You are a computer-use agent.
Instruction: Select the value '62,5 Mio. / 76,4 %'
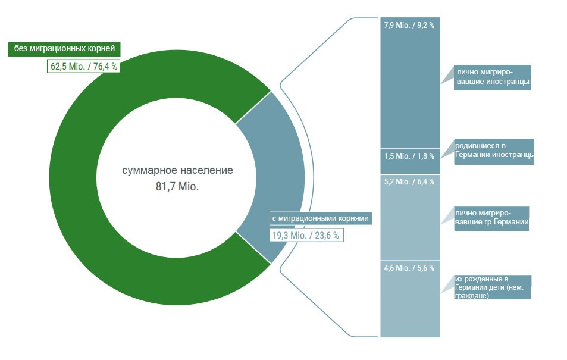pyautogui.click(x=83, y=67)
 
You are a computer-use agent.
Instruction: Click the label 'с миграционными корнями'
pyautogui.click(x=321, y=218)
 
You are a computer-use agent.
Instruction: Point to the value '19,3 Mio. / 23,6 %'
pyautogui.click(x=306, y=236)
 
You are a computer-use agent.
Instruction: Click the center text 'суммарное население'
pyautogui.click(x=177, y=170)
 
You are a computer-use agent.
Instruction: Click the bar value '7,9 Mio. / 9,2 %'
pyautogui.click(x=410, y=26)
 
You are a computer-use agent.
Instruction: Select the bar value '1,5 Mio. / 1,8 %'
pyautogui.click(x=409, y=156)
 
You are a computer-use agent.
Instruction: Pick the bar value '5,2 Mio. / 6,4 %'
pyautogui.click(x=409, y=181)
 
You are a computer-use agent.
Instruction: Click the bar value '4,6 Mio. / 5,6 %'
pyautogui.click(x=409, y=268)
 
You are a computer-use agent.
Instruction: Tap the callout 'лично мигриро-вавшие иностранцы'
pyautogui.click(x=492, y=77)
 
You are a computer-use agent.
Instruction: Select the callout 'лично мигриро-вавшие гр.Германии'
pyautogui.click(x=491, y=218)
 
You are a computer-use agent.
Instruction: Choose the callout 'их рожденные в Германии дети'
pyautogui.click(x=492, y=287)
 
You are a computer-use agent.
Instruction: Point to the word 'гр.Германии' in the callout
pyautogui.click(x=507, y=223)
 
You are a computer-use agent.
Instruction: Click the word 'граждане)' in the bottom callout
pyautogui.click(x=472, y=296)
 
